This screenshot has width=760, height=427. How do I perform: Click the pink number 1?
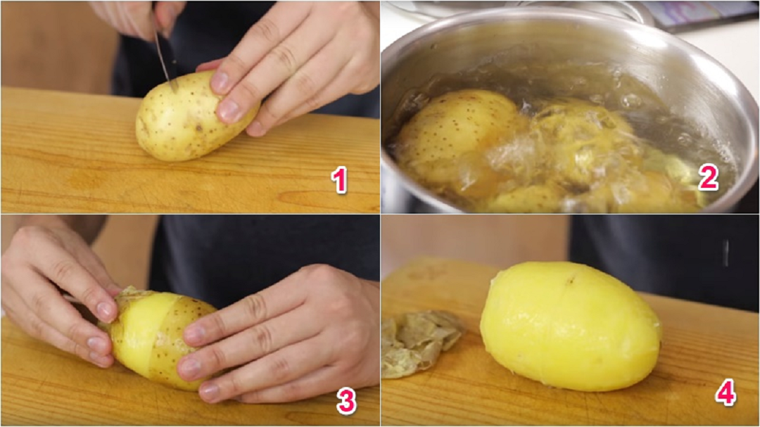click(339, 180)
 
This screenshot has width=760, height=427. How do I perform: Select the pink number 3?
click(346, 401)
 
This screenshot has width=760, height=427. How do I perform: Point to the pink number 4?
click(726, 392)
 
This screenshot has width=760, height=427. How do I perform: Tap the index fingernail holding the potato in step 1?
click(220, 82)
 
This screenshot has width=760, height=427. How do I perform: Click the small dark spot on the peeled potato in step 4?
click(570, 280)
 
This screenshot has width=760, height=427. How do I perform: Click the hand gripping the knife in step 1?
click(141, 17)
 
